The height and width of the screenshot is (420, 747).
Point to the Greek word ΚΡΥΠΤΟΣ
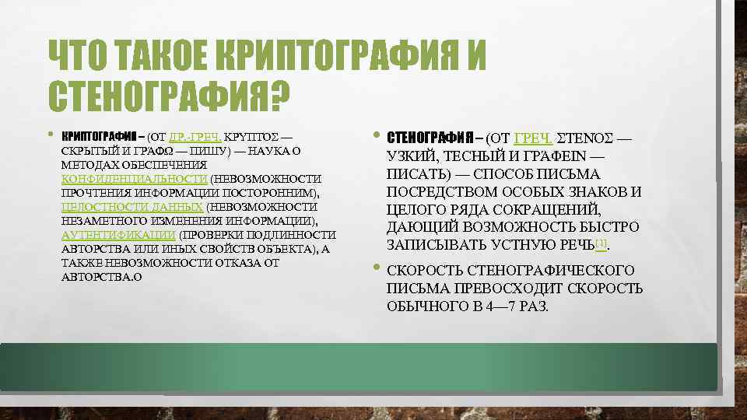[x=252, y=135]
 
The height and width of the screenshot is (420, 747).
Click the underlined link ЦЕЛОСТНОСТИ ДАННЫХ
[x=132, y=207]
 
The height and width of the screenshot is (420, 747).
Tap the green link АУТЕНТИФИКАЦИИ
[x=118, y=235]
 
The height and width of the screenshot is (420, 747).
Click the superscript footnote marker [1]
[x=600, y=243]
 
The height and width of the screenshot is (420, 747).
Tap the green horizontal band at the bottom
[x=373, y=366]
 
